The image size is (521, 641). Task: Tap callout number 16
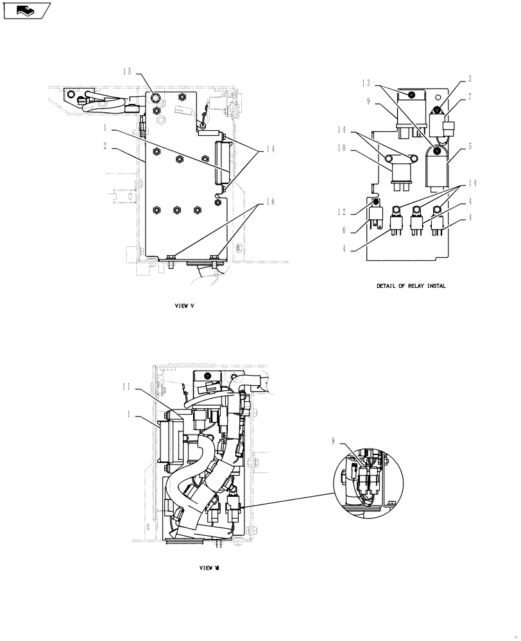coord(269,201)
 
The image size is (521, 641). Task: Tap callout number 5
coord(469,146)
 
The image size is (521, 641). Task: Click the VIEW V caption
coord(184,306)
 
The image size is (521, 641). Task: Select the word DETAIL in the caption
coord(387,286)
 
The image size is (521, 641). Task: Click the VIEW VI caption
coord(210,567)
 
